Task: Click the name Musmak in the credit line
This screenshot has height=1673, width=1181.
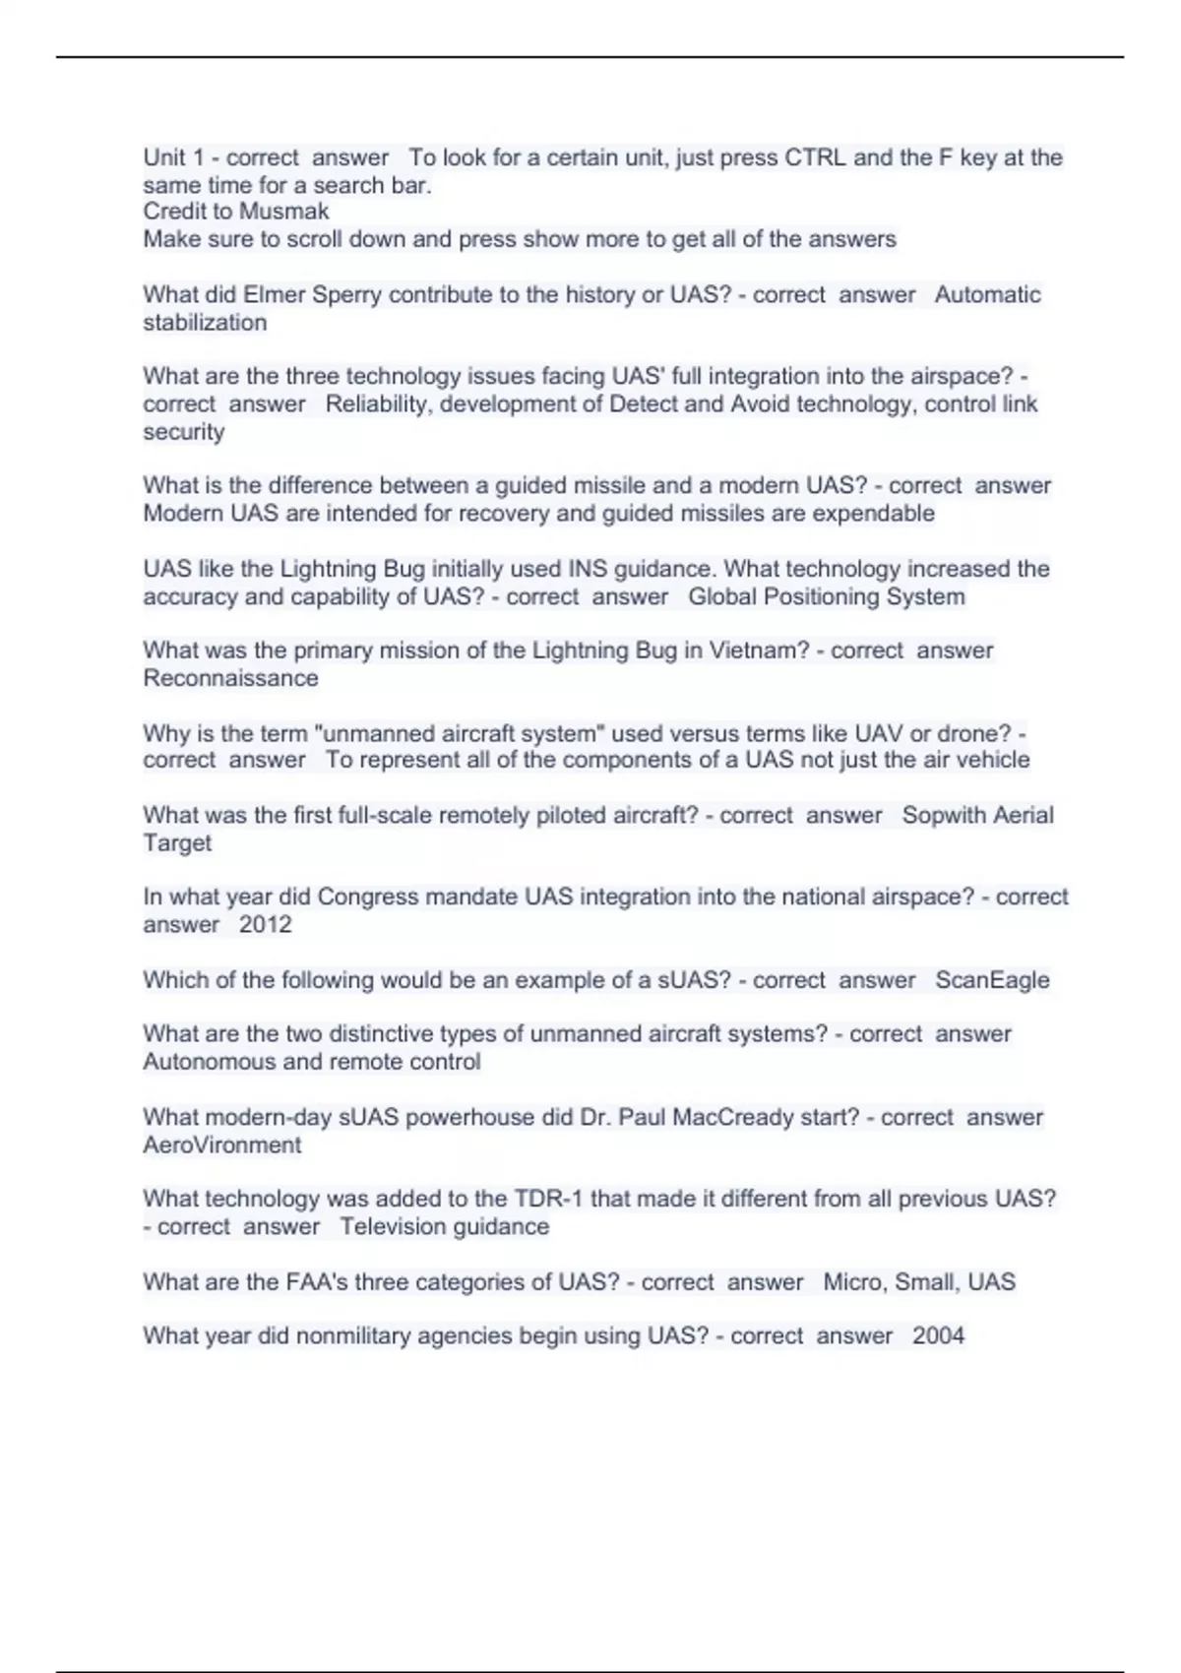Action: point(284,212)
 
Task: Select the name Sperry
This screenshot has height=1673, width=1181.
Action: point(346,294)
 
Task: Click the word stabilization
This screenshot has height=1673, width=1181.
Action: point(205,322)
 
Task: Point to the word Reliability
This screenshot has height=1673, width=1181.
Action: point(378,403)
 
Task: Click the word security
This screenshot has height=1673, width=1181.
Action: point(184,431)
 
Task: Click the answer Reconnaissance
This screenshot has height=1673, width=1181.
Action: point(230,678)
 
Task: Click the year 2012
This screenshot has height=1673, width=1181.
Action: point(266,924)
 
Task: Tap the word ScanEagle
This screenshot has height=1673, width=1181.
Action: point(992,980)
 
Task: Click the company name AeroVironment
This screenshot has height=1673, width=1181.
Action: point(222,1145)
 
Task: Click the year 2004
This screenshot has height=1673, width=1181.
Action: point(938,1335)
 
